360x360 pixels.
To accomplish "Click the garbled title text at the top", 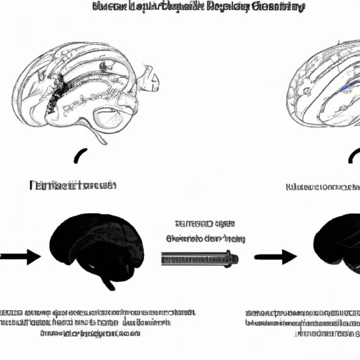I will tap(199, 8).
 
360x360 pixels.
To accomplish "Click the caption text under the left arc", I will tap(63, 186).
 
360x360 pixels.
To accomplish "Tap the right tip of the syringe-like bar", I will tap(236, 259).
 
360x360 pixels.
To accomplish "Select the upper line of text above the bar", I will tap(200, 224).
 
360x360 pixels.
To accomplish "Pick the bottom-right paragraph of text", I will tap(300, 321).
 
